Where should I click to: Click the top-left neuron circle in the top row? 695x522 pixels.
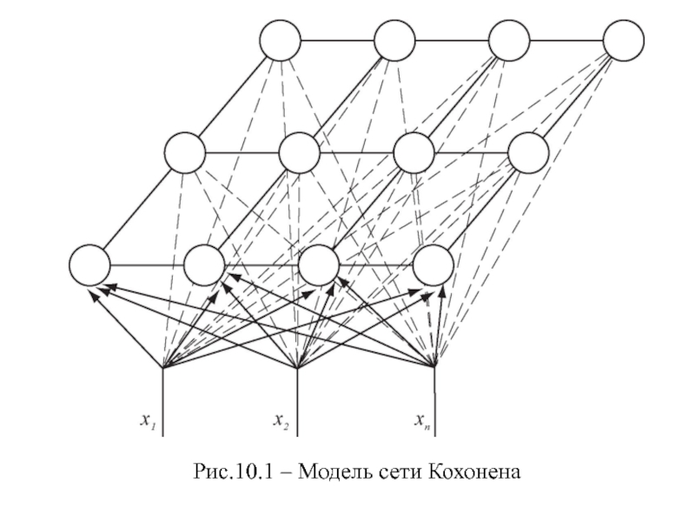[x=280, y=40]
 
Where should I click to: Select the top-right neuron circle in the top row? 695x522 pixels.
[x=624, y=40]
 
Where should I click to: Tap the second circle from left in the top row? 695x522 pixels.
[x=394, y=40]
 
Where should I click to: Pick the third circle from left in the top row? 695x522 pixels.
[x=509, y=40]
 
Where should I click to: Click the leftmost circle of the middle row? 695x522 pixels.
[x=185, y=153]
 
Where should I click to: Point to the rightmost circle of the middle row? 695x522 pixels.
[x=528, y=153]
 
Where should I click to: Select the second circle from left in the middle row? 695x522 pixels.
[x=299, y=153]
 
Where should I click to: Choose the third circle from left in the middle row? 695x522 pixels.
[x=414, y=153]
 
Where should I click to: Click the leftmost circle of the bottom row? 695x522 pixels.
[x=89, y=265]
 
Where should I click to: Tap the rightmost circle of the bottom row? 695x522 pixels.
[x=433, y=265]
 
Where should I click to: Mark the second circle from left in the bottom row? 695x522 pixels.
[x=204, y=265]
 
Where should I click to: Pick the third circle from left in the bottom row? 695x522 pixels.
[x=319, y=265]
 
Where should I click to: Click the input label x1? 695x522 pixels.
[x=148, y=421]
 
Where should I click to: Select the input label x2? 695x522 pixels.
[x=281, y=421]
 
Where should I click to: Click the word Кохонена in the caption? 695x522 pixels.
[x=474, y=472]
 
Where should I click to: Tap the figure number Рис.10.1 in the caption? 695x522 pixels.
[x=234, y=472]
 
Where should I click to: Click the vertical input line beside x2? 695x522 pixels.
[x=297, y=402]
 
